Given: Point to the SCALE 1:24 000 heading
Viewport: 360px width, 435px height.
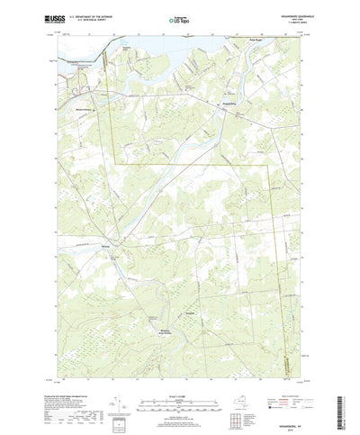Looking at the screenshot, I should click(x=179, y=371).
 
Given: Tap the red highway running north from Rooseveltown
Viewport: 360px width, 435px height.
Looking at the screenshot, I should click(x=100, y=72).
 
